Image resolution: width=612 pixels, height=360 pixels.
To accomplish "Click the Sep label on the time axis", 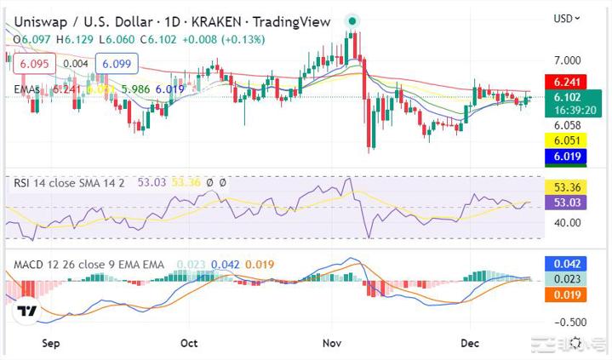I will click(51, 343).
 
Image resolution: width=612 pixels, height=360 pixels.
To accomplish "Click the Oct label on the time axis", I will click(189, 343).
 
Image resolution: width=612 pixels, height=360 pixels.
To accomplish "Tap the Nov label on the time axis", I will click(333, 343).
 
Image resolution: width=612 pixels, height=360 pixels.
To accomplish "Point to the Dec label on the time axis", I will click(470, 343).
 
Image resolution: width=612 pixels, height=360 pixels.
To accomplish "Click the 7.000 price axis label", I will click(568, 60).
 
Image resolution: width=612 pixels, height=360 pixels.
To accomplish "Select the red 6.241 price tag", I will click(568, 83).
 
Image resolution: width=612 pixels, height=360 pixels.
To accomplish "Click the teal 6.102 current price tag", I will click(568, 97).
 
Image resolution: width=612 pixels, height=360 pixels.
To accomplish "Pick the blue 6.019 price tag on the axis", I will click(568, 157).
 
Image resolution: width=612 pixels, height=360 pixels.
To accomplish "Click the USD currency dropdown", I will click(567, 18).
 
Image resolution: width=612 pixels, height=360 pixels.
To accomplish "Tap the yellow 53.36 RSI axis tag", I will click(568, 187).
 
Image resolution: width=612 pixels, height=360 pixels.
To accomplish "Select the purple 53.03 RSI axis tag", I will click(568, 202).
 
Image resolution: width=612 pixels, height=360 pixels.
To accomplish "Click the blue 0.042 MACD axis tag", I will click(568, 264).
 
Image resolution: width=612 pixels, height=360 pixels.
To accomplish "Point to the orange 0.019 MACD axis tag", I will click(568, 294).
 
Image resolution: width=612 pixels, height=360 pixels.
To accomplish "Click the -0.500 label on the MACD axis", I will click(568, 322).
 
